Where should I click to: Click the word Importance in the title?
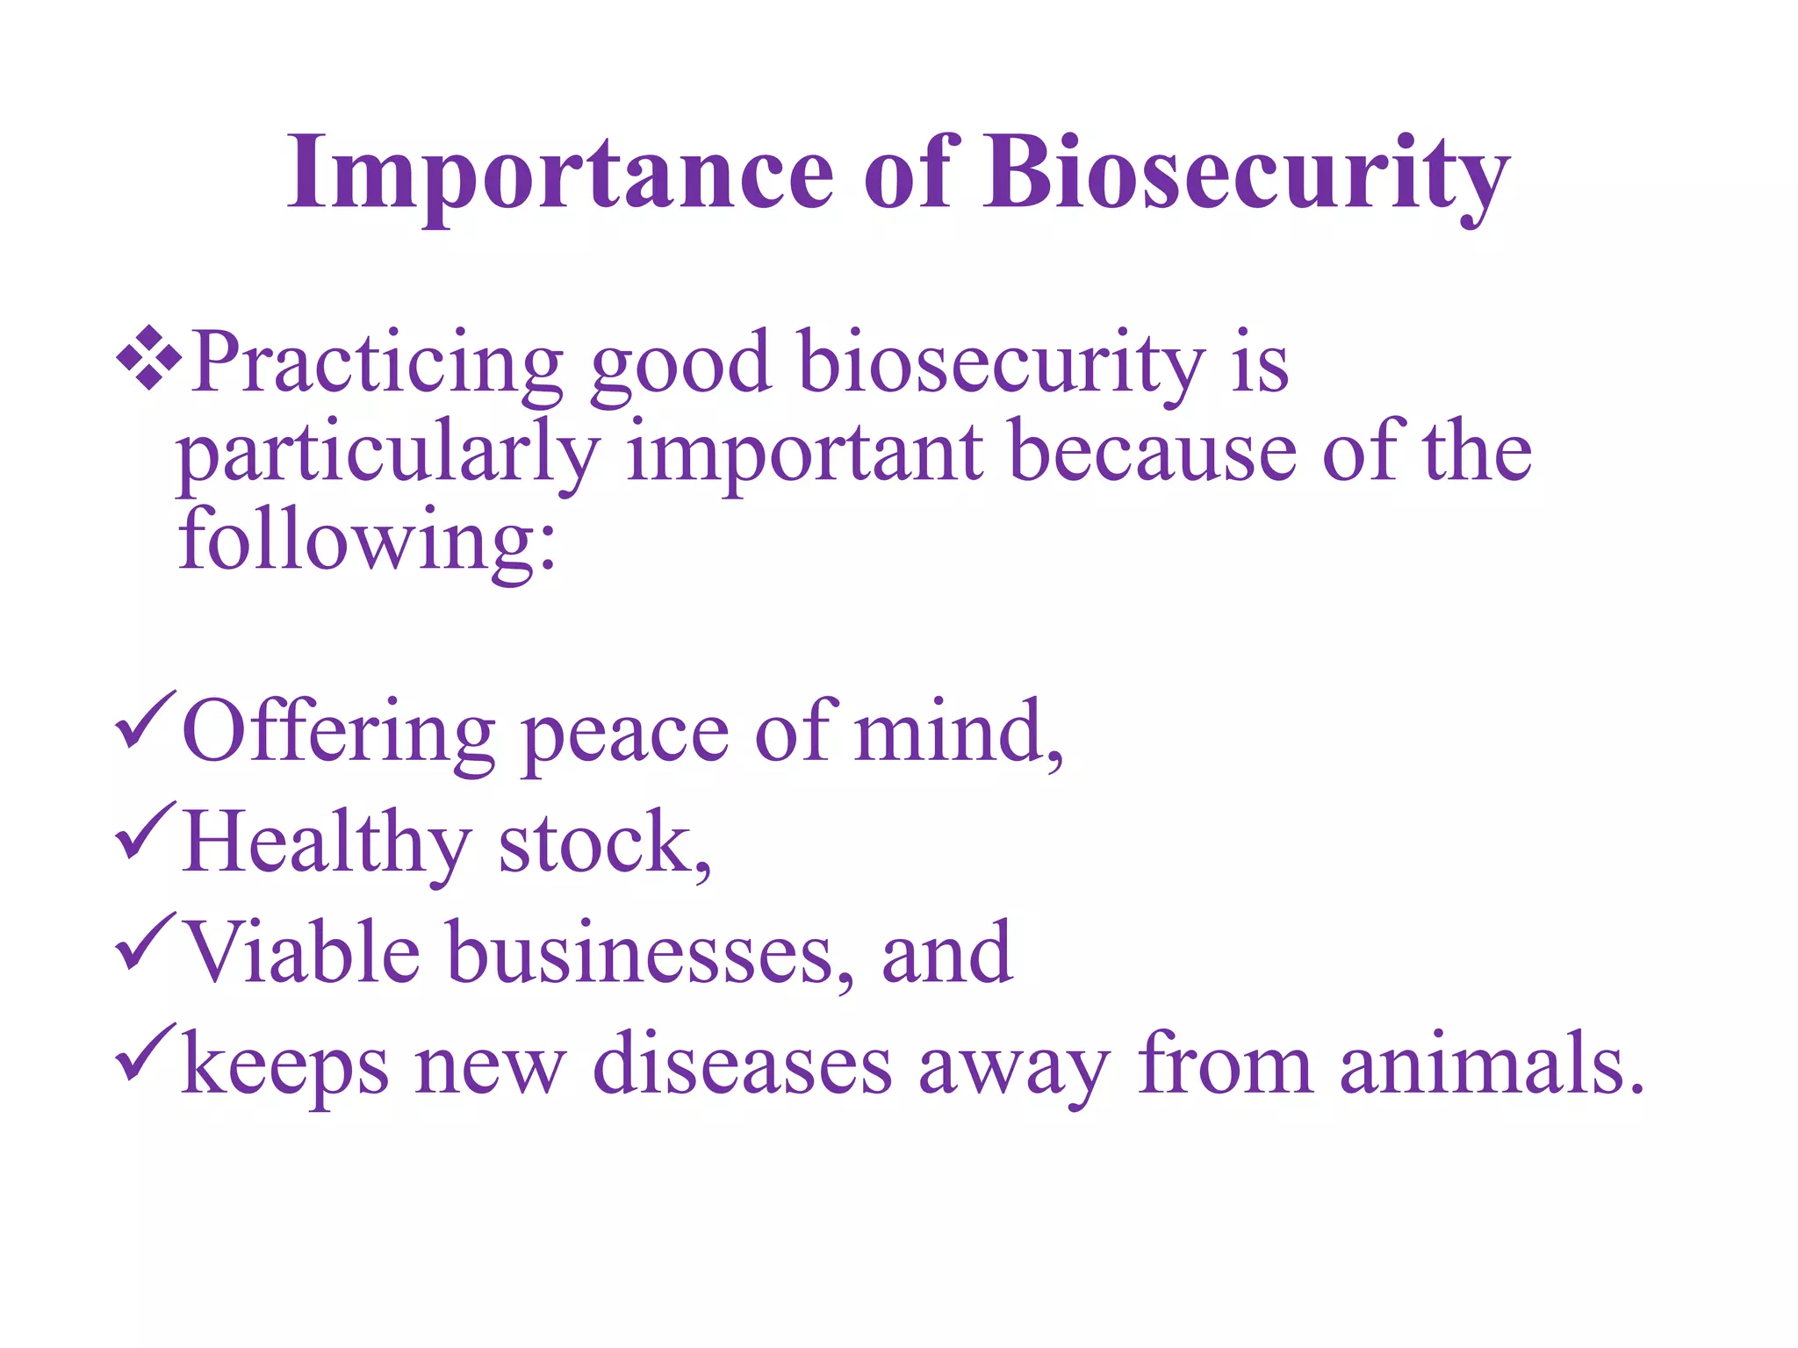(560, 173)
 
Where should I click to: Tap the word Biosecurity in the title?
(1246, 173)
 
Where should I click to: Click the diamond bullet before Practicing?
(148, 357)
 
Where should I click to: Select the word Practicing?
(378, 363)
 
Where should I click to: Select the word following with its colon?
(367, 542)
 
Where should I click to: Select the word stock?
(604, 842)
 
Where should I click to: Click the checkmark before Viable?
(144, 941)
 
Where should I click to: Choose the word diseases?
(742, 1065)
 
